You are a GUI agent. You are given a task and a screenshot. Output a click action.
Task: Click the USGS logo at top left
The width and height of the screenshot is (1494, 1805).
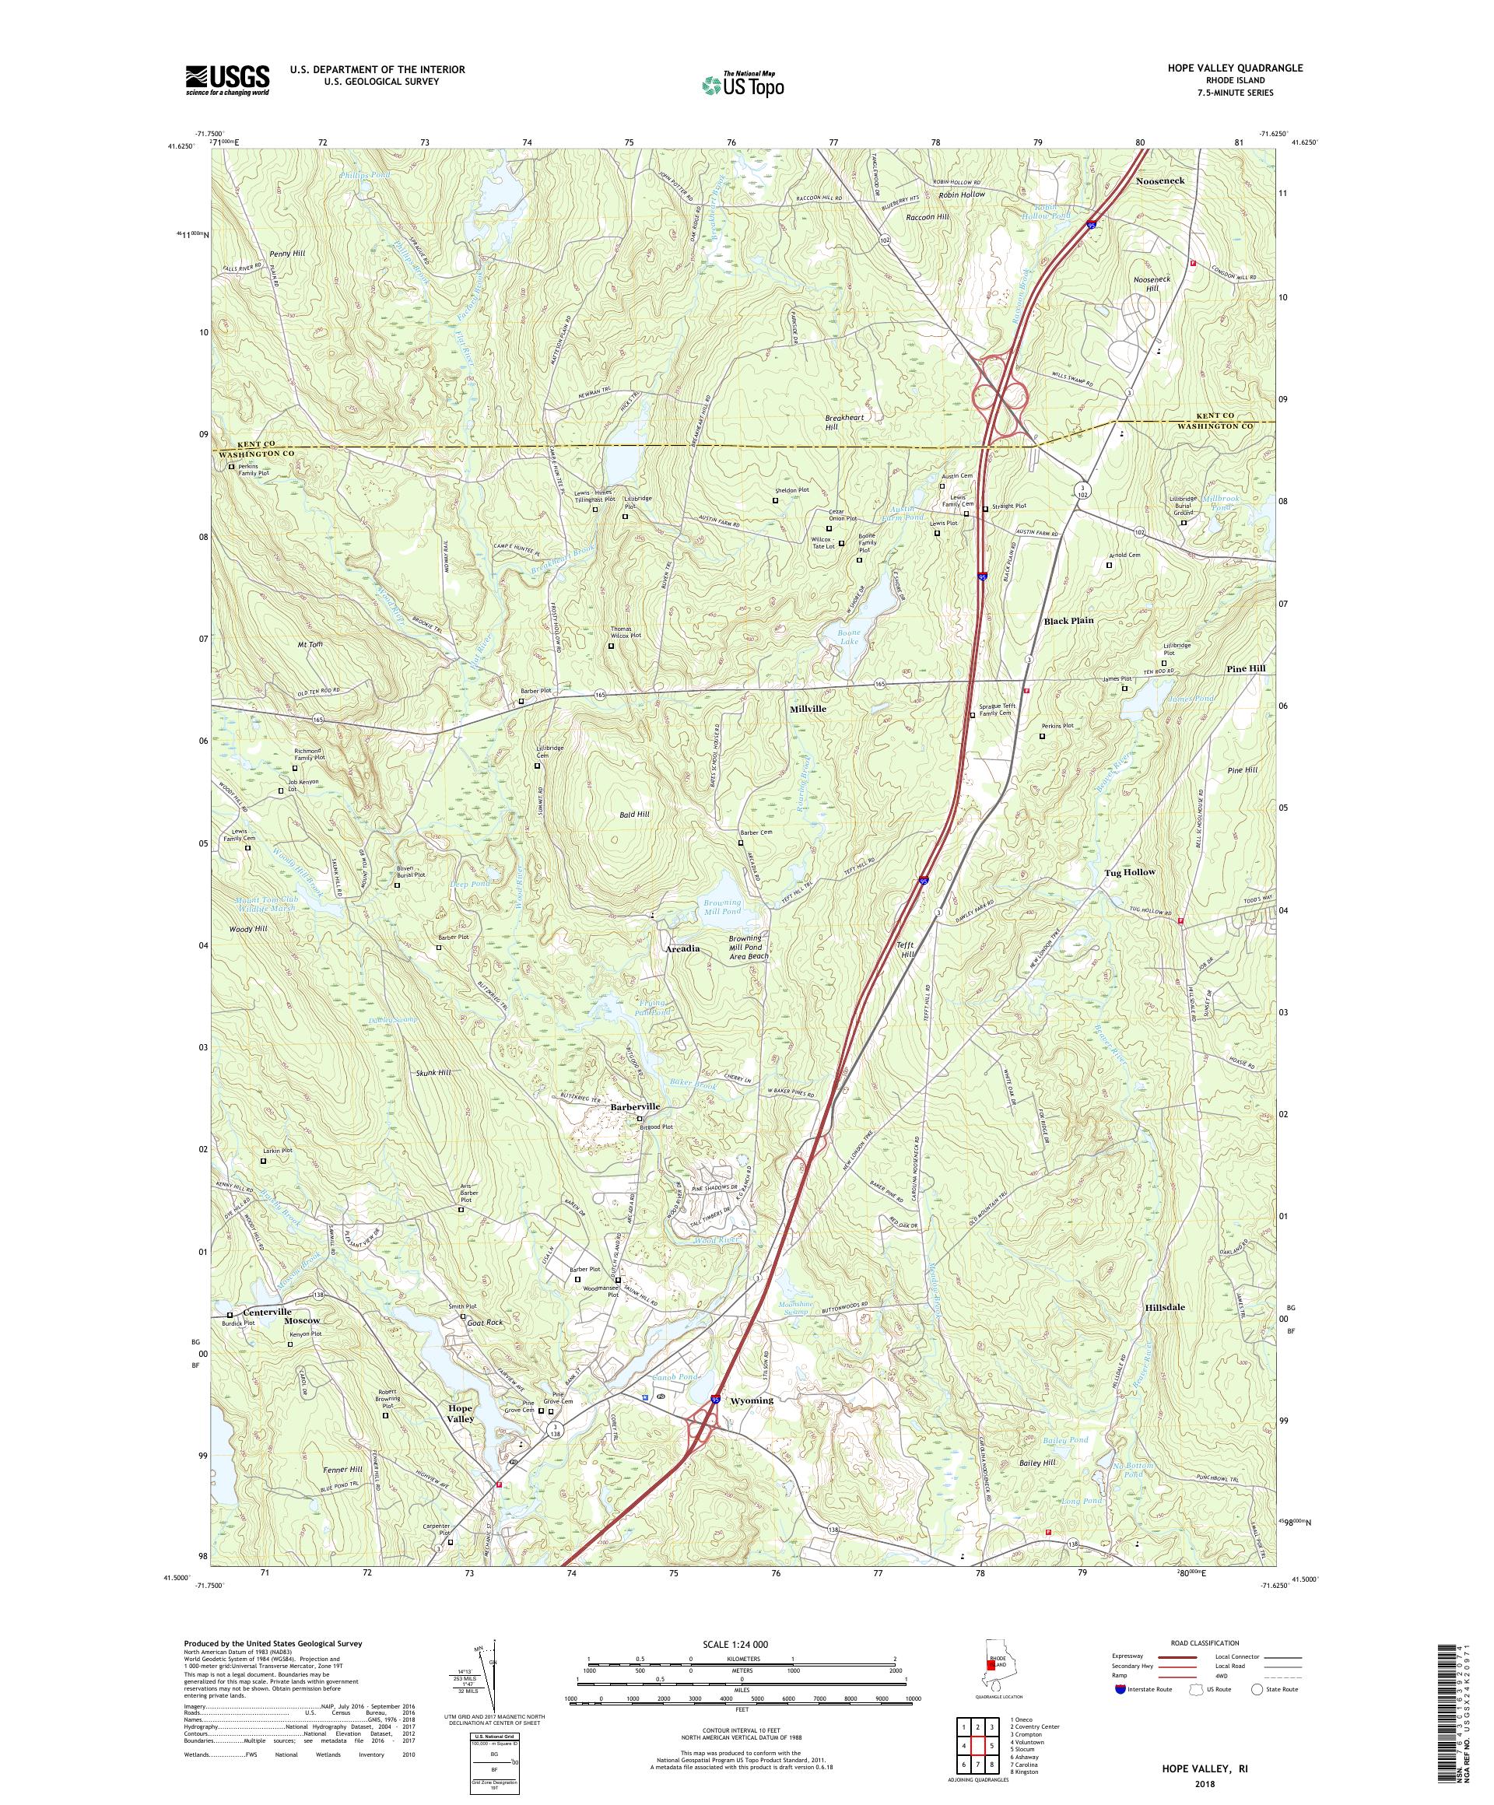pos(227,81)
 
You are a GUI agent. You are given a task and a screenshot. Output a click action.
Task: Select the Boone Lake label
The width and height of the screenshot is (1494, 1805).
pos(848,637)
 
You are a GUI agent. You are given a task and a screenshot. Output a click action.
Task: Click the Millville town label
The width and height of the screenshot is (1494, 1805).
pos(808,708)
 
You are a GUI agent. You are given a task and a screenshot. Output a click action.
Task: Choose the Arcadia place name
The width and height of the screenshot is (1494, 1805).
pos(682,948)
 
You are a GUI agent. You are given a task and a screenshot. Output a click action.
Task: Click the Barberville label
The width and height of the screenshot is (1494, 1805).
pos(635,1107)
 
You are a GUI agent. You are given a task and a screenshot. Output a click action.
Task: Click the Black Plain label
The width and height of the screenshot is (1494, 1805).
pos(1068,620)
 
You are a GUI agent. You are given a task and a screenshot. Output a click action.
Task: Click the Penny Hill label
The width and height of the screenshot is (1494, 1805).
pos(286,254)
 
